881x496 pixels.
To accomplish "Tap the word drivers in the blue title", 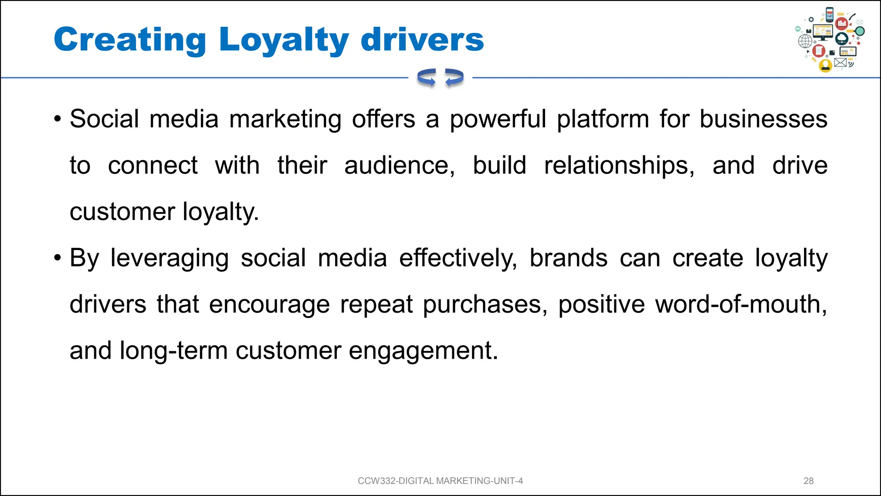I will point(422,40).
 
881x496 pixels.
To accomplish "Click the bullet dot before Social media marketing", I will point(58,119).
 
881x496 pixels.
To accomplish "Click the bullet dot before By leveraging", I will point(58,258).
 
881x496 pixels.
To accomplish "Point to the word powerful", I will point(498,119).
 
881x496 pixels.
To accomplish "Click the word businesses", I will point(763,119).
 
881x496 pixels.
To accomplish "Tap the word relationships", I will point(619,166).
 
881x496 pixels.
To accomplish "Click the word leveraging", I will point(169,258).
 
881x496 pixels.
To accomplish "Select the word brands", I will point(568,258).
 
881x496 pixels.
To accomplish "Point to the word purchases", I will point(485,305).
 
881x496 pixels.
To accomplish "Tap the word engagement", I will point(423,351).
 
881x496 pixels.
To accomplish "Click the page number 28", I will point(808,481).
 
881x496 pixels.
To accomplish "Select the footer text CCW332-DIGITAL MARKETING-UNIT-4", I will point(440,481).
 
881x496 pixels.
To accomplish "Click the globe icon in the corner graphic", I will point(805,42).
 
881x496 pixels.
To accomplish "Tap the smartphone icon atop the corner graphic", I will point(830,15).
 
